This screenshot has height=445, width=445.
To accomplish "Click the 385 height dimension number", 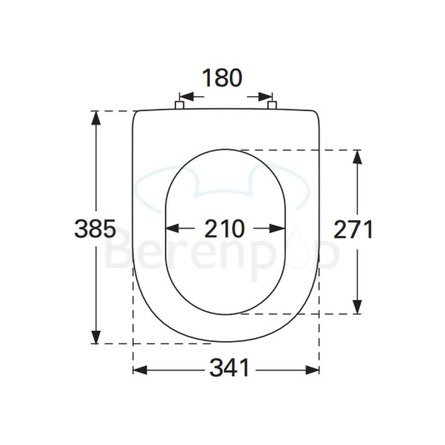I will pos(95,228).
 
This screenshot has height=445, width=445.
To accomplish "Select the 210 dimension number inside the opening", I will pos(225,229).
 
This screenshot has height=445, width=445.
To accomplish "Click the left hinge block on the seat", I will pos(180,105).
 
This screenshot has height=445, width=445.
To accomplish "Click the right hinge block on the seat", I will pos(273,105).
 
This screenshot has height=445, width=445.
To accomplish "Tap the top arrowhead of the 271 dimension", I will pos(357,157).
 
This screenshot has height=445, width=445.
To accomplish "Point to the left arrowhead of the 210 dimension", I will pos(173,229).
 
